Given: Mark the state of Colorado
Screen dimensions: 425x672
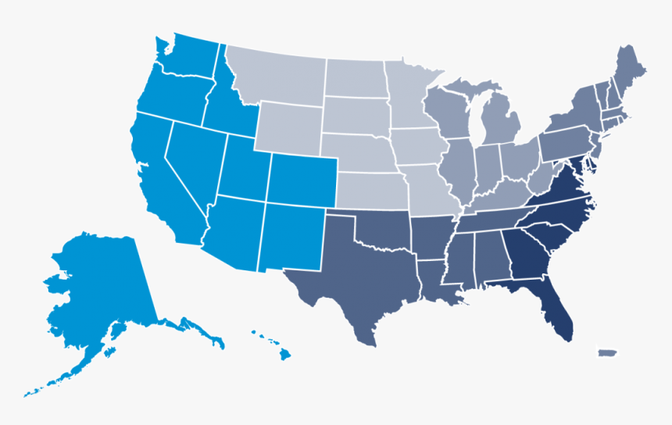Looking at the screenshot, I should tap(302, 180).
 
